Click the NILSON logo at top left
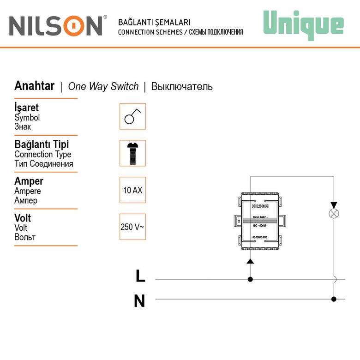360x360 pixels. [56, 26]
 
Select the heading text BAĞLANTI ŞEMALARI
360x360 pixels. [154, 22]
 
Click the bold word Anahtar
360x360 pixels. [35, 86]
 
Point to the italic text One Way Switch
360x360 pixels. [103, 86]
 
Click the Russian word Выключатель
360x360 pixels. [182, 86]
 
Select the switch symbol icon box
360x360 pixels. [132, 116]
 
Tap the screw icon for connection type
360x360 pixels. [132, 153]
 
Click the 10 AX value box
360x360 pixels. [132, 190]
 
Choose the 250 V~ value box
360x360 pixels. [132, 227]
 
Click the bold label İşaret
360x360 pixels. [27, 108]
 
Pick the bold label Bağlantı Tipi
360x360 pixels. [42, 144]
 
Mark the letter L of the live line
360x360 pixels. [140, 276]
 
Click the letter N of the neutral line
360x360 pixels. [139, 301]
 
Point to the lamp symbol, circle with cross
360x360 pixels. [333, 214]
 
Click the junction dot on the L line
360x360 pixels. [250, 279]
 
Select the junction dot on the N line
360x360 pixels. [333, 299]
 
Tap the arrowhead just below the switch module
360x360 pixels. [250, 261]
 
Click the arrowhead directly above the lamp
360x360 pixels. [333, 204]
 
